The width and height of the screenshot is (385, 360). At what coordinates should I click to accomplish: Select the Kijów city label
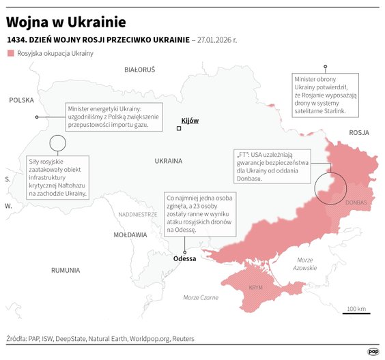(x=190, y=120)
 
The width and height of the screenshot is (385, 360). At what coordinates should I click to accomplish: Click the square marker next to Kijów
(x=179, y=128)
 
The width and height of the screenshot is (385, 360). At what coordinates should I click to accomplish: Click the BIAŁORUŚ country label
(x=139, y=70)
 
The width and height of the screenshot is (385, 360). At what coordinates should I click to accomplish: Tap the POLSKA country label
(x=21, y=100)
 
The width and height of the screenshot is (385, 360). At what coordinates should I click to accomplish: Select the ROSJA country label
(x=358, y=132)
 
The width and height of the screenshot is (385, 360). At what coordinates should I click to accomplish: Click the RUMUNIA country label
(x=66, y=270)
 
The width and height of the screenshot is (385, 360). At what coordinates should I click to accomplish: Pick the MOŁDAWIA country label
(x=130, y=235)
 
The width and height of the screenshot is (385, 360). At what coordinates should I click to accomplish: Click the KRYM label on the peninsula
(x=256, y=288)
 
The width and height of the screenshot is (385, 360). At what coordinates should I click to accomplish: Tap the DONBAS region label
(x=356, y=203)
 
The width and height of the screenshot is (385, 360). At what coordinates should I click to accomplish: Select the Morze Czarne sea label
(x=201, y=297)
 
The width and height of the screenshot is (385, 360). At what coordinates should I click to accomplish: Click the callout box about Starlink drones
(x=325, y=95)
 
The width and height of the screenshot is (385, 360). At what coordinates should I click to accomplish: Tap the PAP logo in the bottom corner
(x=373, y=351)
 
